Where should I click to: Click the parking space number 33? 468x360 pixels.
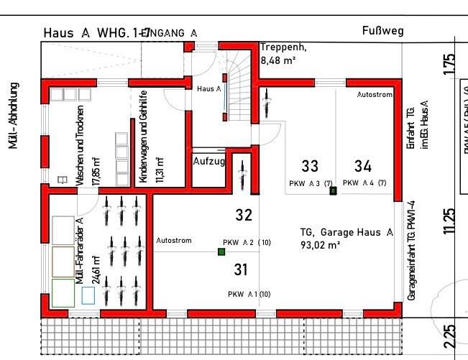(310, 167)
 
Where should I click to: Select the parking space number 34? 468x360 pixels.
(363, 167)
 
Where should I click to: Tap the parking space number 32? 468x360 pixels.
(244, 214)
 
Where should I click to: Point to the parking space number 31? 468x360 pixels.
(241, 269)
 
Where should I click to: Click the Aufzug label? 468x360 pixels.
(208, 161)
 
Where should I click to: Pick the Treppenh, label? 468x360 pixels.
(283, 47)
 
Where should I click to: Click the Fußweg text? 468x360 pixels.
(382, 31)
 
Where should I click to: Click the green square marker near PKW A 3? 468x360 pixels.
(333, 191)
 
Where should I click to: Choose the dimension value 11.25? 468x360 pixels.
(450, 221)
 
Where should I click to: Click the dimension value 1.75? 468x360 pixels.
(450, 65)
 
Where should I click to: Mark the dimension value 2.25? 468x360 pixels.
(450, 334)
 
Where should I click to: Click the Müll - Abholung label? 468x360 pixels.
(14, 115)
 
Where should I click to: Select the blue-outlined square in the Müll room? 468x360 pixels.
(88, 295)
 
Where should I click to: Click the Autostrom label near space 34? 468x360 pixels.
(375, 94)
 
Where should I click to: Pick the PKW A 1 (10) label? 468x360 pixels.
(249, 295)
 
